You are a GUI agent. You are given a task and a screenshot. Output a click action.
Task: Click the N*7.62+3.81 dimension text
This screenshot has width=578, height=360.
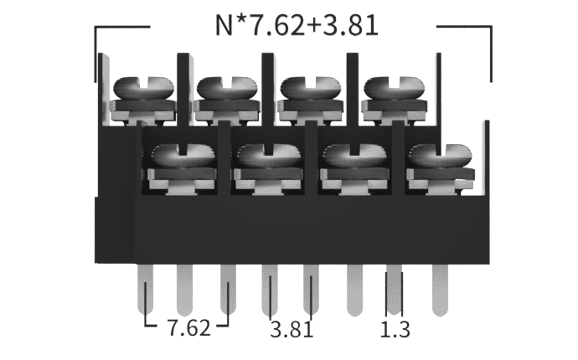[297, 25]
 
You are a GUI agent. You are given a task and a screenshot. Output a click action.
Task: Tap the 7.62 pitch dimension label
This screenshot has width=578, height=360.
[188, 327]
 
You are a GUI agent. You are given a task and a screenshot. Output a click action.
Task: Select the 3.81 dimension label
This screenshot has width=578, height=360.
[292, 329]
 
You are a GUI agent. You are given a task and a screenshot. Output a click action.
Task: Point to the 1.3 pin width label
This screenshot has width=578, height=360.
[395, 329]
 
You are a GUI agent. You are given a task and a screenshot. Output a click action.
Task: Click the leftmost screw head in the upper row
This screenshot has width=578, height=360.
[143, 88]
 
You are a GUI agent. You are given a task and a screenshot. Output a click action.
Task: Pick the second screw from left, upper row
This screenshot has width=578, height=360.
[227, 88]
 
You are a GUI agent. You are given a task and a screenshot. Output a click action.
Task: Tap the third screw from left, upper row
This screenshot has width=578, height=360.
[311, 88]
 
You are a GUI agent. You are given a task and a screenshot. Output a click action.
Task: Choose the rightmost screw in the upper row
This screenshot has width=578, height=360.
[394, 88]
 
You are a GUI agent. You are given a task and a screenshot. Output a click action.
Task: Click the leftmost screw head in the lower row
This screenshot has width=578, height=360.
[183, 156]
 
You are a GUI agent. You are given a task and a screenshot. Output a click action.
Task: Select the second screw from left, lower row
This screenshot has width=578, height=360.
[269, 156]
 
